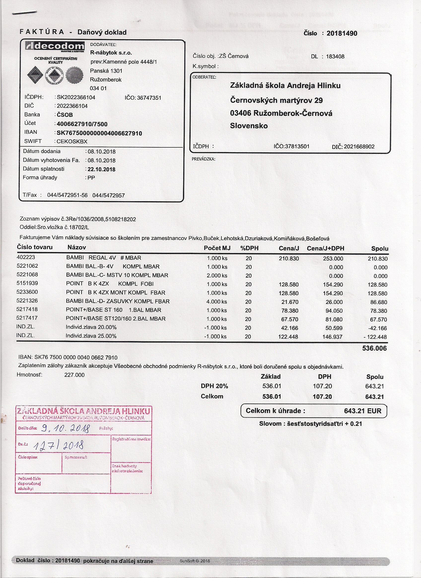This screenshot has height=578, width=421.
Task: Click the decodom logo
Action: tap(55, 47)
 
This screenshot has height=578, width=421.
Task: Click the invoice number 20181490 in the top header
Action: tap(342, 33)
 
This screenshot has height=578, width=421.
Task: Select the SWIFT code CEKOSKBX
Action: tap(72, 141)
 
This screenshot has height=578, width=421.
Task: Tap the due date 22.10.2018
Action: tap(102, 169)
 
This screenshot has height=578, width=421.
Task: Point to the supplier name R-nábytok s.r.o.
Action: tap(111, 53)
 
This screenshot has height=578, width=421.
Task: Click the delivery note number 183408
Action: tap(335, 57)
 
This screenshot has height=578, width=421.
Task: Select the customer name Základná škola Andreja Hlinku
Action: tap(285, 86)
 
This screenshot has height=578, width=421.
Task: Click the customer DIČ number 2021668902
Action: tap(359, 147)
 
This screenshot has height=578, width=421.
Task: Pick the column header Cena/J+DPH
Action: tap(325, 249)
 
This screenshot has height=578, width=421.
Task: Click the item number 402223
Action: tap(26, 257)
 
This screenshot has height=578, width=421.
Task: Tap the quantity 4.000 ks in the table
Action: tap(216, 302)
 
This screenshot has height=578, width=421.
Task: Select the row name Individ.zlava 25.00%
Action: tap(91, 336)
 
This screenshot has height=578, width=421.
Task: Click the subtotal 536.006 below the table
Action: tap(374, 348)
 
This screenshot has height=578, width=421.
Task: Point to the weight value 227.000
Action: tap(74, 375)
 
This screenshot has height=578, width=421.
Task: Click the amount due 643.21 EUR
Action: tap(362, 411)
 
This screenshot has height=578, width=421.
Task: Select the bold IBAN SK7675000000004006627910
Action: tap(99, 133)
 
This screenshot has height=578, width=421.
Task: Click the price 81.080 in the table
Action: tap(334, 319)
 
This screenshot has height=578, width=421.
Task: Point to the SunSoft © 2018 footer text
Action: tap(195, 561)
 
